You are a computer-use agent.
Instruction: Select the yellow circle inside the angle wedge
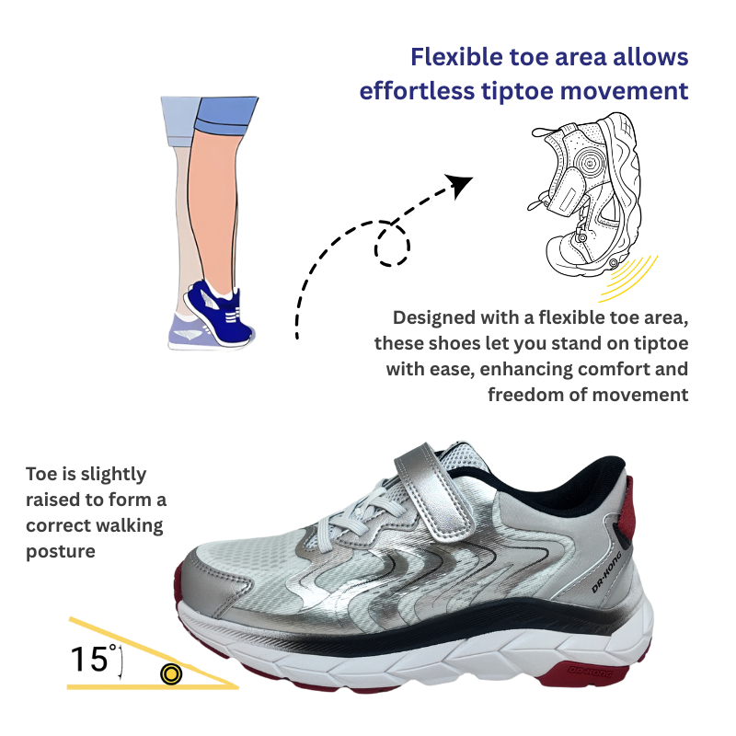coord(171,674)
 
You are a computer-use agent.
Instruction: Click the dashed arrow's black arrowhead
coord(459,185)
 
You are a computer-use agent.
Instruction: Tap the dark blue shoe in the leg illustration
coord(219,311)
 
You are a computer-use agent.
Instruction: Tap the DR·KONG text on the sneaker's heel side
coord(606,571)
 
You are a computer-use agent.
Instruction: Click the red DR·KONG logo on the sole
coord(591,672)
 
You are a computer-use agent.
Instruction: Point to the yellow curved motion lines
coord(628,280)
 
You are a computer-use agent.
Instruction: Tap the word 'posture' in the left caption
coord(61,551)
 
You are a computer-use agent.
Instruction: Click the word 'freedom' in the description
coord(525,395)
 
